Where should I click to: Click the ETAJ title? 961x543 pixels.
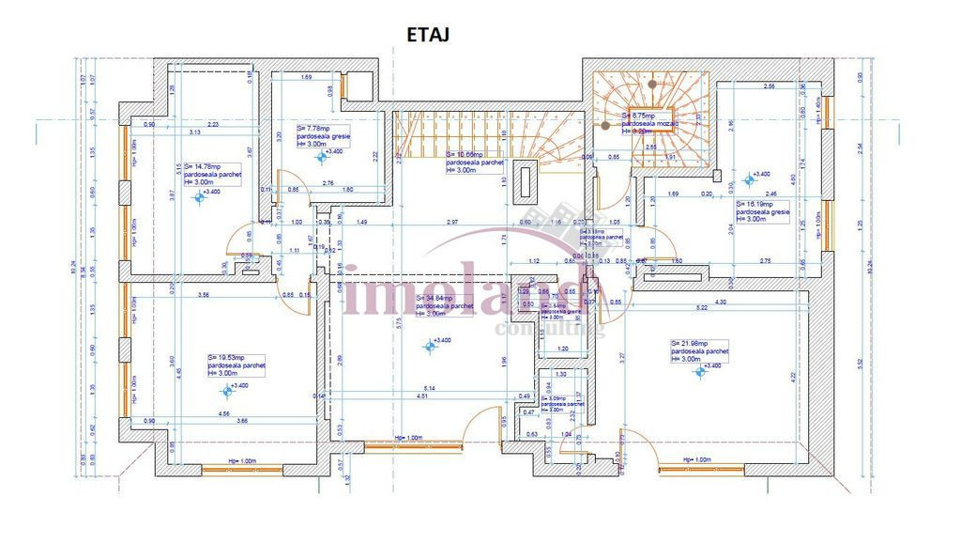[428, 36]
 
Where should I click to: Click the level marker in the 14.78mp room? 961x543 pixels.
[196, 195]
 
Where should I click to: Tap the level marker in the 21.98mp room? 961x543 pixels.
[698, 371]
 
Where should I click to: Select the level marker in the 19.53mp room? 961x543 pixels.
[226, 390]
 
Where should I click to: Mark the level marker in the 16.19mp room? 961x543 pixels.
[749, 179]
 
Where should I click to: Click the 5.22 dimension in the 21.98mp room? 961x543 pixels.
[700, 308]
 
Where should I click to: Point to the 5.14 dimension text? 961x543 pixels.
[429, 389]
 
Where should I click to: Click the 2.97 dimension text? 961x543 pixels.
[452, 223]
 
